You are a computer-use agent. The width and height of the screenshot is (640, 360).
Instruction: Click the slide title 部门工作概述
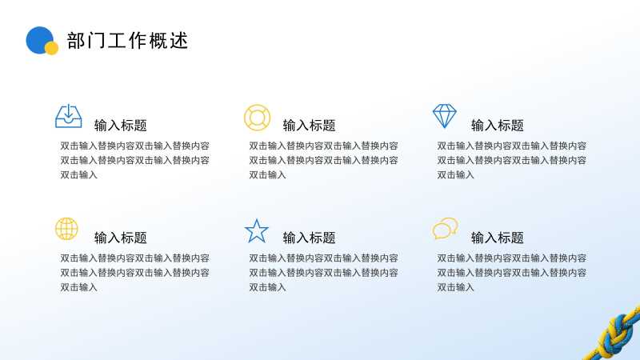pyautogui.click(x=127, y=41)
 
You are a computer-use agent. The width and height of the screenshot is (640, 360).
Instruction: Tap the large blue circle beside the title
pyautogui.click(x=38, y=39)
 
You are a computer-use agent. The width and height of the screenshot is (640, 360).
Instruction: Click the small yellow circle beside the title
pyautogui.click(x=51, y=48)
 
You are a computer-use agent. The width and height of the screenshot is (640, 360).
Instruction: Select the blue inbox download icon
pyautogui.click(x=69, y=116)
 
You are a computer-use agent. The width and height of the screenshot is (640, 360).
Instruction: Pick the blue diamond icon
pyautogui.click(x=445, y=116)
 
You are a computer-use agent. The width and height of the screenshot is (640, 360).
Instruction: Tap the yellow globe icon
pyautogui.click(x=66, y=229)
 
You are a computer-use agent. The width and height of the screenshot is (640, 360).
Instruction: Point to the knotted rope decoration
pyautogui.click(x=613, y=334)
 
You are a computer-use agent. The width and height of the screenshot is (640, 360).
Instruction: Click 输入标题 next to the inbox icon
pyautogui.click(x=121, y=126)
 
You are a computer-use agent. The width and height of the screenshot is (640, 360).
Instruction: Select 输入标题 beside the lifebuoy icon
pyautogui.click(x=309, y=126)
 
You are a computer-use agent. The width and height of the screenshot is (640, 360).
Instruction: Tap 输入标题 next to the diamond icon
pyautogui.click(x=497, y=126)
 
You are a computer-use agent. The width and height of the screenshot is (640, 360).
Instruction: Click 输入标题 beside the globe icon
pyautogui.click(x=121, y=238)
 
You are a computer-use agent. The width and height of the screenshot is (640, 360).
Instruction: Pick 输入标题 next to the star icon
pyautogui.click(x=309, y=238)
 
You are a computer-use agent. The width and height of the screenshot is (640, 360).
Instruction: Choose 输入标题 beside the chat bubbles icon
pyautogui.click(x=497, y=238)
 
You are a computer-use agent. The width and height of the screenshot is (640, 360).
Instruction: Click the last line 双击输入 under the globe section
pyautogui.click(x=78, y=287)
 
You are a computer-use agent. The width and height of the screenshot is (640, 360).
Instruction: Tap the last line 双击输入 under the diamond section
pyautogui.click(x=455, y=175)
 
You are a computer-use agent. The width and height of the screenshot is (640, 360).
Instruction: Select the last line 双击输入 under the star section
pyautogui.click(x=267, y=287)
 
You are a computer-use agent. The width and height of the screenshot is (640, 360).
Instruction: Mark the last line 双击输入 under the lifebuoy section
pyautogui.click(x=267, y=175)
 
